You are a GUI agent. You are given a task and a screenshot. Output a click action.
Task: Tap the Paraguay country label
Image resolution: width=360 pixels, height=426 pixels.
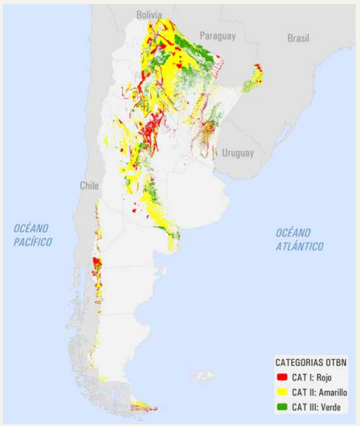[x=217, y=36]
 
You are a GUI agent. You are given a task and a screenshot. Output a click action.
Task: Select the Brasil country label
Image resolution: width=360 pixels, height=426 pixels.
[x=298, y=38]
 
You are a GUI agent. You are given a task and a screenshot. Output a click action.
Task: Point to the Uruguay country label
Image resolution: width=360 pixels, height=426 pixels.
[x=238, y=152]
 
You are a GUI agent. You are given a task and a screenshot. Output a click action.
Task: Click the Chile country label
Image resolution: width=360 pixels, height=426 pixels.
[x=90, y=186]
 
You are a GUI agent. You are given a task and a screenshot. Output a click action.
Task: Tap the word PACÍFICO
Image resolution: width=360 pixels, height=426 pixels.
[x=32, y=242]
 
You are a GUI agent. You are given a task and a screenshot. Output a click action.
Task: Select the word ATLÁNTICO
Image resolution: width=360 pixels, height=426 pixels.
[x=301, y=246]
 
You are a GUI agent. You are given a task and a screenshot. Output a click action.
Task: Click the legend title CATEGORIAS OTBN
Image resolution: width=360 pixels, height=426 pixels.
[x=311, y=362]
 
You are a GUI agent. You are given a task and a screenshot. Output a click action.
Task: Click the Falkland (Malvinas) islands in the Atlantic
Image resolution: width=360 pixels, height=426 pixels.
[x=203, y=376]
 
